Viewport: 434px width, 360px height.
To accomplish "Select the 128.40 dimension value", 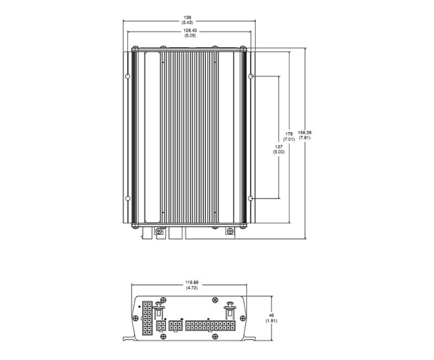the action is point(190,31).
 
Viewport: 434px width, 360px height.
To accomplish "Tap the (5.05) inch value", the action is point(190,35).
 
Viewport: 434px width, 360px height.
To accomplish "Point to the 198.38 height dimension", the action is point(305,133).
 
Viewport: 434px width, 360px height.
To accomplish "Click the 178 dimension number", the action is point(289,134).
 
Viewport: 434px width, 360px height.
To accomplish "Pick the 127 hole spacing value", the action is point(278,146).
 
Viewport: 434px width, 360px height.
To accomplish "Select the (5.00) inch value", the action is point(278,151).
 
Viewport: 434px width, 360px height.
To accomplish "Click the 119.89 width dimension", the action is point(192,283).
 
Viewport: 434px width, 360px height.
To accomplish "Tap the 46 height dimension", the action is point(272,315).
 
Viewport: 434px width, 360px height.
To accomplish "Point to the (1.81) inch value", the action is point(272,321).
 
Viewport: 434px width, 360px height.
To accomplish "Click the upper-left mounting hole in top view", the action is point(128,76).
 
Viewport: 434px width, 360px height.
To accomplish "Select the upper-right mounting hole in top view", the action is point(251,76).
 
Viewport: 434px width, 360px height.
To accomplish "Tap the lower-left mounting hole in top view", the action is point(128,199).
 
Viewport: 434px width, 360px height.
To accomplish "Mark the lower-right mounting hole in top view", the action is point(251,199).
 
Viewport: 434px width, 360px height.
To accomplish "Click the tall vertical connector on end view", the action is point(147,318).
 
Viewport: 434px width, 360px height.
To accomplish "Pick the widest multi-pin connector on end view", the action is point(210,326).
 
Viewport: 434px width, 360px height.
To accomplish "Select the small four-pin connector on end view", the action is point(161,326).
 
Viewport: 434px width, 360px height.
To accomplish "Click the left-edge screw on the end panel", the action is point(135,318).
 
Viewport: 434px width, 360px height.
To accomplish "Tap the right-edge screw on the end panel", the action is point(242,318).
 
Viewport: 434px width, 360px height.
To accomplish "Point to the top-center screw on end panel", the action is point(215,300).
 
